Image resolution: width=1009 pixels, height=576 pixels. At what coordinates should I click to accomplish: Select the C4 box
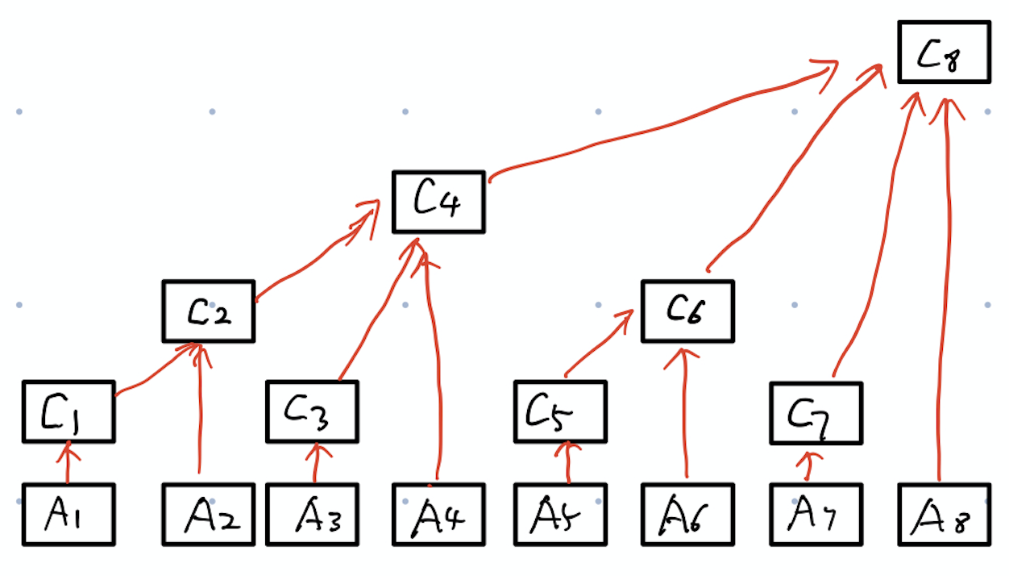click(x=438, y=202)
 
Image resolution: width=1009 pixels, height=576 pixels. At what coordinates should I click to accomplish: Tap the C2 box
click(x=208, y=311)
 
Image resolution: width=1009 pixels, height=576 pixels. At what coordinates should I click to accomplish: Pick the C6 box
click(x=688, y=311)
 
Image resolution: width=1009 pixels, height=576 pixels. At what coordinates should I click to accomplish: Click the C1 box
click(x=69, y=411)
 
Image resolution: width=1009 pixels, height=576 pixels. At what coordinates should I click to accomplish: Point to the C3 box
click(x=312, y=411)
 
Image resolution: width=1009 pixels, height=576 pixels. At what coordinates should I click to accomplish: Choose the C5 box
click(x=560, y=411)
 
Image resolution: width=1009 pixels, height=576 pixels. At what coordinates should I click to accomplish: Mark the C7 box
click(x=816, y=413)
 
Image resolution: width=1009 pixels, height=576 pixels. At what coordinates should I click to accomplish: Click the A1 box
click(x=69, y=515)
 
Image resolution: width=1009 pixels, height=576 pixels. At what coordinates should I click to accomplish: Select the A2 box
click(x=208, y=515)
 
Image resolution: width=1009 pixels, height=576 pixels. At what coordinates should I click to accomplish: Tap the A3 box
click(x=312, y=515)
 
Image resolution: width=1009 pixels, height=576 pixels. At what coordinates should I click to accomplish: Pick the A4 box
click(x=438, y=515)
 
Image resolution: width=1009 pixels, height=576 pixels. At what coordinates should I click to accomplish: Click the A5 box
click(x=560, y=515)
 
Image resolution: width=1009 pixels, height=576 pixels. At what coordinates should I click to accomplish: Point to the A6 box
click(x=688, y=515)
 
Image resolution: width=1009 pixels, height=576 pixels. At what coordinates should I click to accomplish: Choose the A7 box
click(x=816, y=515)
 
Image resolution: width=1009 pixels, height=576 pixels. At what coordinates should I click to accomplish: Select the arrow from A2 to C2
click(x=198, y=411)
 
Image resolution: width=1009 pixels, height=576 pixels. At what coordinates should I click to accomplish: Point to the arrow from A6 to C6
click(x=685, y=411)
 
